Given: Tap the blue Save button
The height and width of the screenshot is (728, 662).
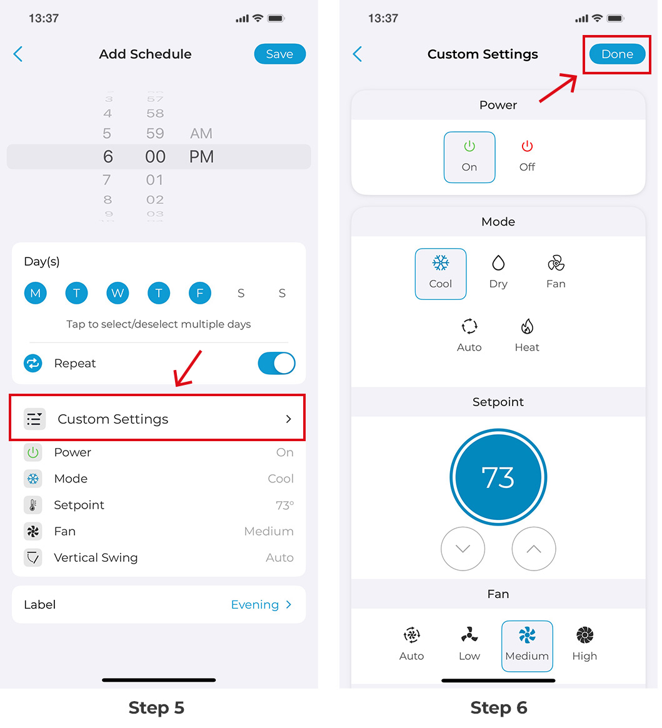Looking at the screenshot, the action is [x=279, y=54].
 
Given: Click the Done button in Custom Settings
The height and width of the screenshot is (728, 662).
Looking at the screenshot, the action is [x=617, y=54].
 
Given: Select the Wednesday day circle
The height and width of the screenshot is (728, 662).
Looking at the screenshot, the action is [x=118, y=293].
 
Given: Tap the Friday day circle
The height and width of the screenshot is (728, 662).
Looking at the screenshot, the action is [x=200, y=293].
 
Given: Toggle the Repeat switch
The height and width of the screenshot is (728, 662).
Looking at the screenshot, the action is [x=276, y=363].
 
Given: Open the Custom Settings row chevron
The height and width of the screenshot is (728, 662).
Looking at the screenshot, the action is [x=289, y=419].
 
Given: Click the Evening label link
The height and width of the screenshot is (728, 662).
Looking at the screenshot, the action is [x=255, y=604].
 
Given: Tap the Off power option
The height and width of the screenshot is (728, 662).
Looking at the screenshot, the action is [x=527, y=157].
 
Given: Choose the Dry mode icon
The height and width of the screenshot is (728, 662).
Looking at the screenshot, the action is [x=498, y=263].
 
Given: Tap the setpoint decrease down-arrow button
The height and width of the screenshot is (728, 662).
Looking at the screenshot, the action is [x=463, y=549].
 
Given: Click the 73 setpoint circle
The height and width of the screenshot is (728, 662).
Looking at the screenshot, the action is [x=498, y=477].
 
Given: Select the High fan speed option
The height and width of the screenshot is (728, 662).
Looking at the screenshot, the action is [x=584, y=645].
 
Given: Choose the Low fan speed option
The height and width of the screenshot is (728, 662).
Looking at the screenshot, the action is [x=469, y=645].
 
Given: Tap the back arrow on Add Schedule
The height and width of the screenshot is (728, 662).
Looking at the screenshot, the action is [x=18, y=54].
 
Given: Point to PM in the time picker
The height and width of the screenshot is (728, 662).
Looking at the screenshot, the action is [x=201, y=157].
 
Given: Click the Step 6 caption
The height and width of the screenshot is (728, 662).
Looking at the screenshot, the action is [x=498, y=707].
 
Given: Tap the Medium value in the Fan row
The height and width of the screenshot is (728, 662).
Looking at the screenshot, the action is [x=269, y=531].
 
